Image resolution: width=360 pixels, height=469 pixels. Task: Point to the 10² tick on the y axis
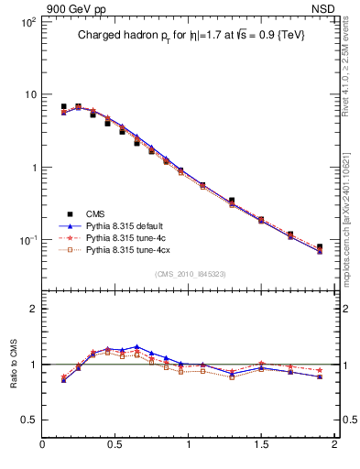pyautogui.click(x=27, y=21)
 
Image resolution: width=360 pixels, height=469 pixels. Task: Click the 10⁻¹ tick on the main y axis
pyautogui.click(x=27, y=240)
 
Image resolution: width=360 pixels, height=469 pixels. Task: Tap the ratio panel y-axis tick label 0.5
pyautogui.click(x=29, y=420)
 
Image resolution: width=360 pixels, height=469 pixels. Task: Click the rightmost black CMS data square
pyautogui.click(x=320, y=247)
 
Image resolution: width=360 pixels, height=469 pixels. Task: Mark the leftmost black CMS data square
pyautogui.click(x=63, y=107)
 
